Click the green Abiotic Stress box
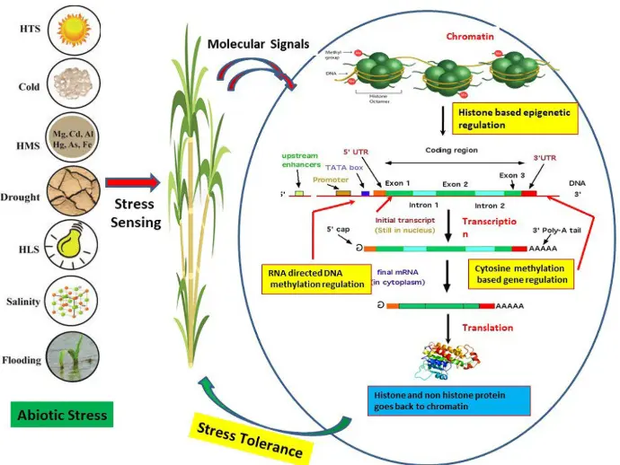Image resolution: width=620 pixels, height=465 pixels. pos(63,415)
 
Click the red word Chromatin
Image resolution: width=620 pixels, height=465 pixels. pos(474,37)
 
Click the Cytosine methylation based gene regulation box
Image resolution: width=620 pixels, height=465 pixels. pos(528,273)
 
